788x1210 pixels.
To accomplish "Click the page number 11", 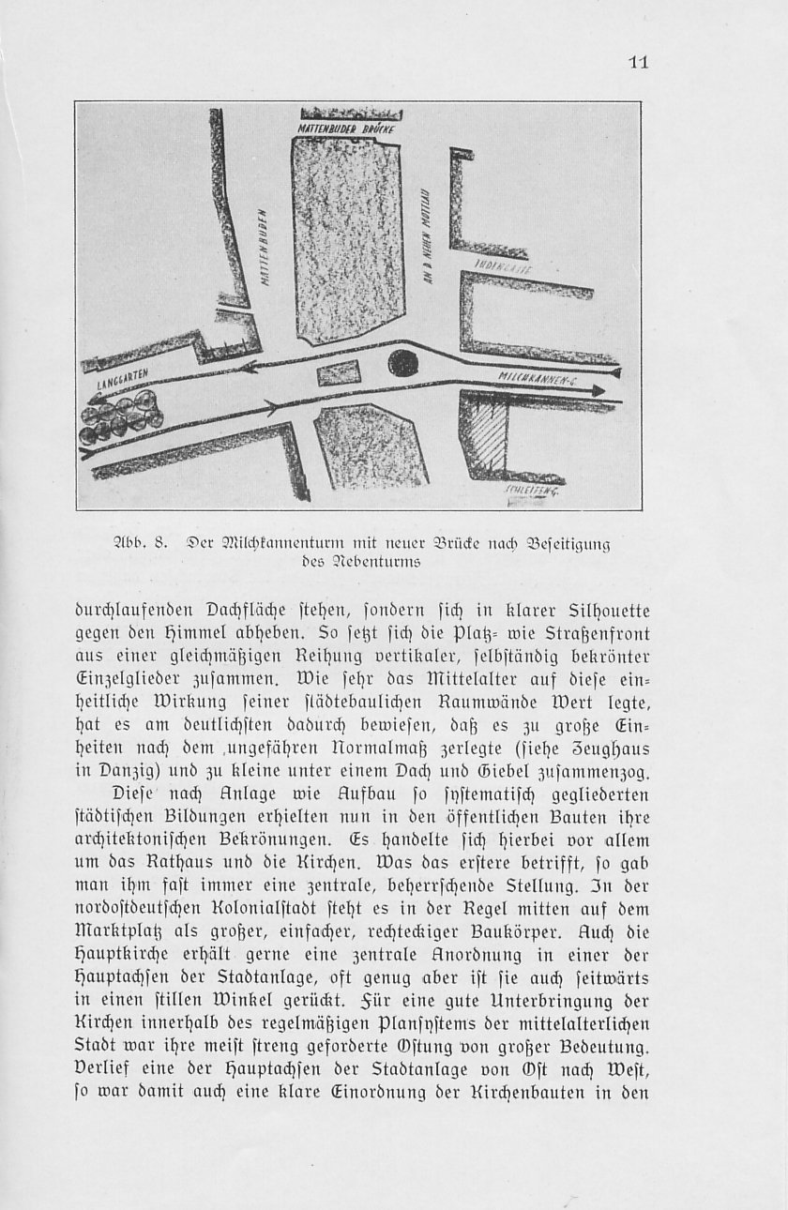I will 639,63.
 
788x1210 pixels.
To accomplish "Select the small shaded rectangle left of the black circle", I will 339,373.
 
